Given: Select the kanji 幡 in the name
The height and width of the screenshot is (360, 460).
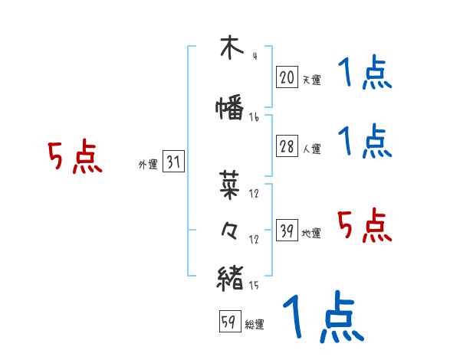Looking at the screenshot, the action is click(230, 107).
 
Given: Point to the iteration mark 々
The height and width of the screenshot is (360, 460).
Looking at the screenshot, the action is click(230, 230).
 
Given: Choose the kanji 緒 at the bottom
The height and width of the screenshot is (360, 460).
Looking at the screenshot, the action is click(230, 277).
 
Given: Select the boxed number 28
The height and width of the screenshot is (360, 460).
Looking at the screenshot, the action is click(287, 147).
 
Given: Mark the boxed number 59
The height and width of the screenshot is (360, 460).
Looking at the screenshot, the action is click(229, 322).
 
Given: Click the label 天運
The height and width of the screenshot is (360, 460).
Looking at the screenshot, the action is click(311, 79).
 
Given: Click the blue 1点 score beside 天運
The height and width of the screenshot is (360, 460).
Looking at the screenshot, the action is click(364, 74).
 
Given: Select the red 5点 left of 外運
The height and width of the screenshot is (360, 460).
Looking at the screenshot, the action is click(74, 158).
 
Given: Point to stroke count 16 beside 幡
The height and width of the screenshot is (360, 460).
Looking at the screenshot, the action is click(254, 118).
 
